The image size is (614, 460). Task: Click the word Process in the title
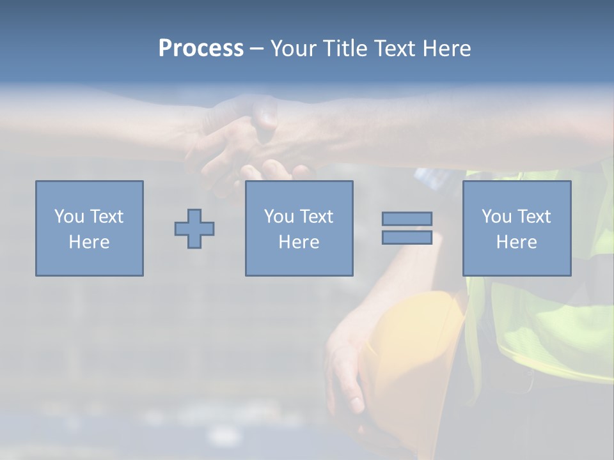point(201,49)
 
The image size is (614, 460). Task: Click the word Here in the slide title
point(446,49)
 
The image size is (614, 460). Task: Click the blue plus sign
point(194,229)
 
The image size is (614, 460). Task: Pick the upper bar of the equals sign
point(407,218)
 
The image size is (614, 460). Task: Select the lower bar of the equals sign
point(407,238)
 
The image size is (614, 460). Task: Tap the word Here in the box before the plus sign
point(89,242)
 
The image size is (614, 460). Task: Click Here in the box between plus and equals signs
point(299,242)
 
